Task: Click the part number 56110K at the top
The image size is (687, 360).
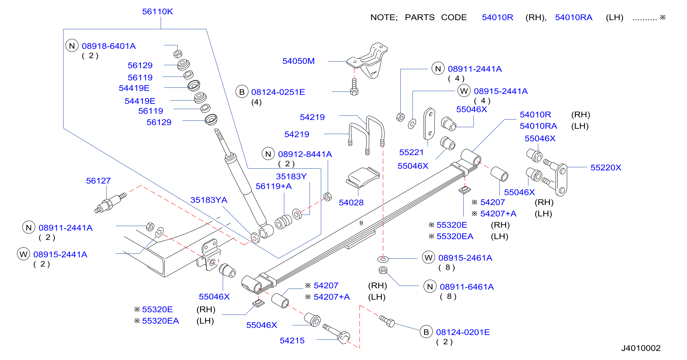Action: click(x=157, y=11)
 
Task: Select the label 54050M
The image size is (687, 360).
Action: click(x=299, y=61)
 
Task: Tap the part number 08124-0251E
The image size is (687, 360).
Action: click(x=278, y=92)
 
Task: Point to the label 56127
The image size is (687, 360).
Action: click(x=98, y=181)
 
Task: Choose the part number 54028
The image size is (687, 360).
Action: click(x=351, y=203)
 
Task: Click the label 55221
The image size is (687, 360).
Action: click(x=411, y=152)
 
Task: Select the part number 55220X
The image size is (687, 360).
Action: click(x=606, y=167)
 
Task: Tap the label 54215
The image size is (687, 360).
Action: click(x=292, y=341)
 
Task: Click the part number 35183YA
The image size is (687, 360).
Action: click(x=209, y=200)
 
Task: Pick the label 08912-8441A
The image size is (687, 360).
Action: click(x=305, y=154)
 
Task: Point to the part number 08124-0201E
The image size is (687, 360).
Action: click(x=463, y=332)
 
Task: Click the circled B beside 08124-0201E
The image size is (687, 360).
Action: click(x=426, y=332)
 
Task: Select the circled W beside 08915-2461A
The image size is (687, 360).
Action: click(x=428, y=258)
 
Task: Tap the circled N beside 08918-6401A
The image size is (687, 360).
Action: click(x=72, y=46)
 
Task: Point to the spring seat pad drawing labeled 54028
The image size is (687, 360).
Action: click(x=363, y=177)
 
